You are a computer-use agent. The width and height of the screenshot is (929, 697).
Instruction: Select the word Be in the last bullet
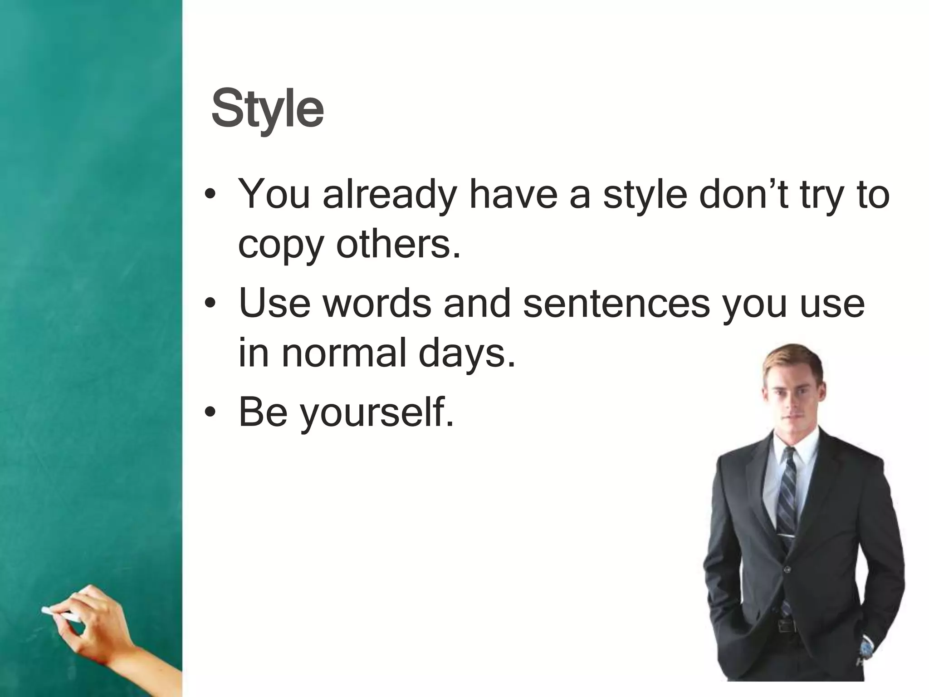point(263,412)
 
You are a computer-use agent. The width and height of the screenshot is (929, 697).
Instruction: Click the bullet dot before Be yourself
point(209,413)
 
